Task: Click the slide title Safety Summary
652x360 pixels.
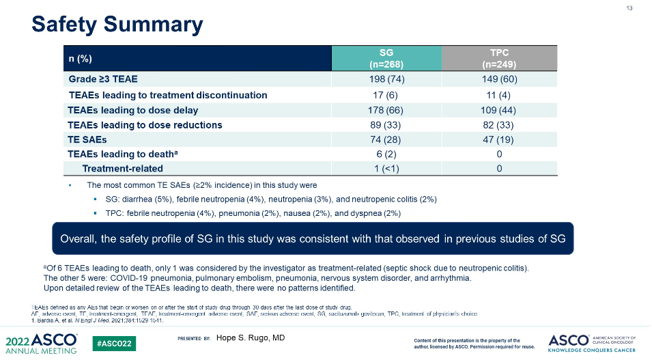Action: tap(117, 25)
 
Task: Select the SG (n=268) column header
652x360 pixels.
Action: tap(386, 58)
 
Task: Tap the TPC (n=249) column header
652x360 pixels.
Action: tap(499, 58)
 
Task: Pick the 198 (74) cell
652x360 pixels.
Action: tap(386, 79)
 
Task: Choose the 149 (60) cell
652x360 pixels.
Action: tap(499, 79)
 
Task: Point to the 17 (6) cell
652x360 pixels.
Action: tap(386, 95)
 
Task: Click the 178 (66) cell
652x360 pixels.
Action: tap(386, 110)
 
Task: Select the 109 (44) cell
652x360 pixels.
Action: tap(499, 110)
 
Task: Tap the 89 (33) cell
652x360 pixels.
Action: tap(386, 125)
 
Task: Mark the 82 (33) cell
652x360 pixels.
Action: tap(499, 125)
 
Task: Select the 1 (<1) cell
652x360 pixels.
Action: tap(386, 169)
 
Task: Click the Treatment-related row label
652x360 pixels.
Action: tap(122, 169)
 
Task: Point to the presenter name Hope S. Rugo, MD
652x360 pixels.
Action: tap(251, 338)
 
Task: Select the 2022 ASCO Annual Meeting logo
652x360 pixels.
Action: tap(41, 344)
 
